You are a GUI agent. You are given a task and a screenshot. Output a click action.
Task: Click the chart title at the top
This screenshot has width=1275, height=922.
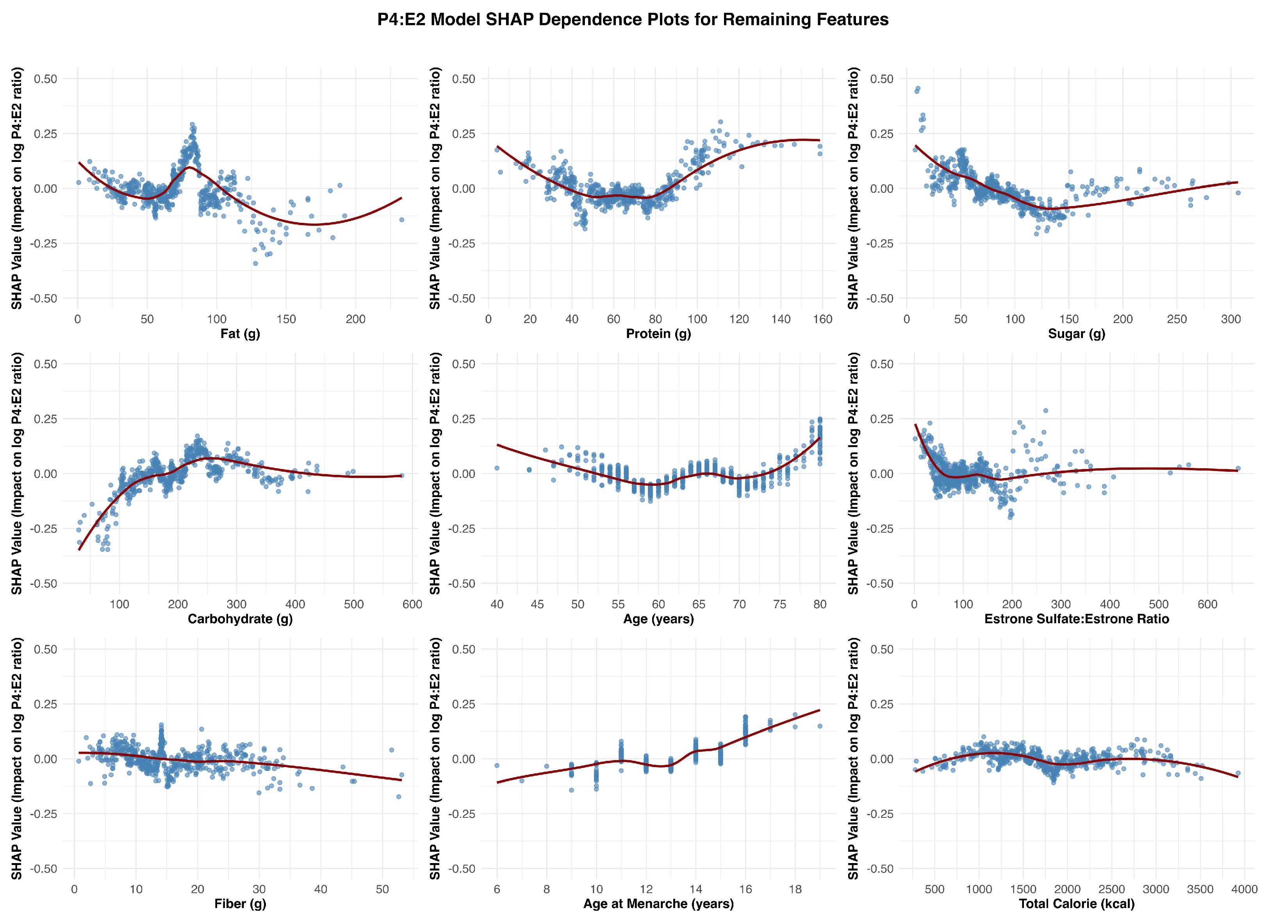coord(633,20)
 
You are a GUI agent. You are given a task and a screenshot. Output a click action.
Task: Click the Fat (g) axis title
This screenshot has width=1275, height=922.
coord(240,334)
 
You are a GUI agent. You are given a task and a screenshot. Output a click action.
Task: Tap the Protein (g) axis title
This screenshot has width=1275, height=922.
coord(658,334)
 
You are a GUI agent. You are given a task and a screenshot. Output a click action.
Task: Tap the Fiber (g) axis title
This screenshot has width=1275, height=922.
coord(240,903)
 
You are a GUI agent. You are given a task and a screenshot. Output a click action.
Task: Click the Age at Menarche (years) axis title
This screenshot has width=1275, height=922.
coord(658,903)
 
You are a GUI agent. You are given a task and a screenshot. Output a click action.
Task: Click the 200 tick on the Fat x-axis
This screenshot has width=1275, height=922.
coord(355,319)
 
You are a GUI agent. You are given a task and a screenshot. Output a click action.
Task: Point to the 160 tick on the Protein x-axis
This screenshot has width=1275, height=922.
coord(822,319)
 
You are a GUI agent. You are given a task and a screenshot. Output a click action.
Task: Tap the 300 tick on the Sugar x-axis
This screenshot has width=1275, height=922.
coord(1230,319)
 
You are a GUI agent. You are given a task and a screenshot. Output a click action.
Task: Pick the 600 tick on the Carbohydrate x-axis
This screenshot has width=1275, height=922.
coord(412,604)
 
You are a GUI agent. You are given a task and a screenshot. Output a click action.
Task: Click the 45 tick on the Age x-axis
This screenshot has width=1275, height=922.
coord(537,604)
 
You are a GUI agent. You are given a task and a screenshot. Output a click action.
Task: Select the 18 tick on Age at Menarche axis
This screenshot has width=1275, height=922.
coord(795,889)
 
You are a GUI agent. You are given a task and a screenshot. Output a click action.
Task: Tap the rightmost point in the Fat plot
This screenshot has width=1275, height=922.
coord(401,220)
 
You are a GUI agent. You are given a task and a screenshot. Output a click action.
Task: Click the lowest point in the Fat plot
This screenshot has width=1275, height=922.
coord(255,263)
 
